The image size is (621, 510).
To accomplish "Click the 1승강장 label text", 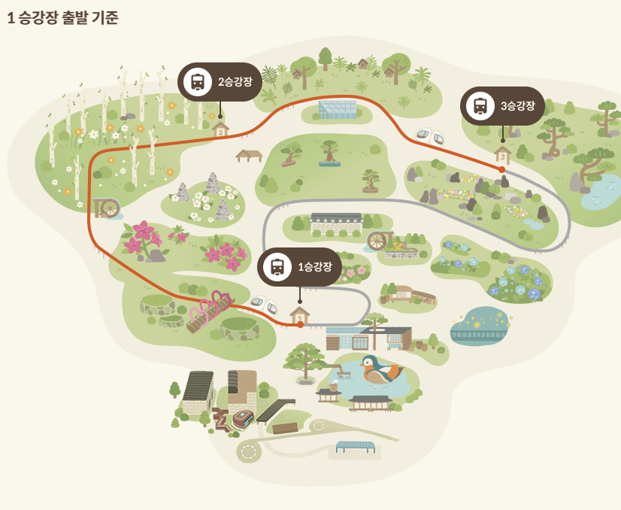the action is pos(315,267).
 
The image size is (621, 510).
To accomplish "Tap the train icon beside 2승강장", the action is pos(198,81).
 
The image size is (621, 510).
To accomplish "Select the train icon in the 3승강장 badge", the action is pos(480,106).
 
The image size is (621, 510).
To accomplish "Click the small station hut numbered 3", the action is pos(502,154).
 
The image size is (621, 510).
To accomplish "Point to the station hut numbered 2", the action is pos(220,129).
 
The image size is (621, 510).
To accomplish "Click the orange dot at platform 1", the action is pos(300,324).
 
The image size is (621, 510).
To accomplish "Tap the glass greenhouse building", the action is pos(337,109).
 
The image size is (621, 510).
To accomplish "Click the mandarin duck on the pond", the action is pos(380,370).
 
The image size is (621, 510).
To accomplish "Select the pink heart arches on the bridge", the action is pos(211,307).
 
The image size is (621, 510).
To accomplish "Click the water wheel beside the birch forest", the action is pos(108,207).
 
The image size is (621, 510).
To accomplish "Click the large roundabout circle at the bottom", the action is pos(249,451).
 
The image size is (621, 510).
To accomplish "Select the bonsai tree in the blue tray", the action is pos(329,153).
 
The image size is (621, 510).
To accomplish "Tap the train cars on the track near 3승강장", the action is pos(430,136).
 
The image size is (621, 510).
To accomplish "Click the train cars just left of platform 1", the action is pos(264,305).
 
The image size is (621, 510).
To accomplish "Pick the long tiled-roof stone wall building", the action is pos(336,221).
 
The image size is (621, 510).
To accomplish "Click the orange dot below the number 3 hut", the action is pos(502,169).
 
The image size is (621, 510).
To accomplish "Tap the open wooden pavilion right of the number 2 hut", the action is pos(248,155).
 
